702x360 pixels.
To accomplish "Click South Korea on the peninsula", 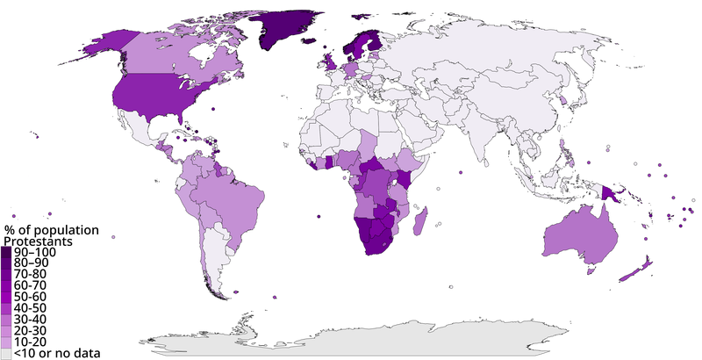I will pos(562,100).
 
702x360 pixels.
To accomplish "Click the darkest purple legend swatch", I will pos(5,251).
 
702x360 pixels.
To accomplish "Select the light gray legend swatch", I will pos(5,352).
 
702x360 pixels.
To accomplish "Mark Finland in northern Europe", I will pos(372,44).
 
